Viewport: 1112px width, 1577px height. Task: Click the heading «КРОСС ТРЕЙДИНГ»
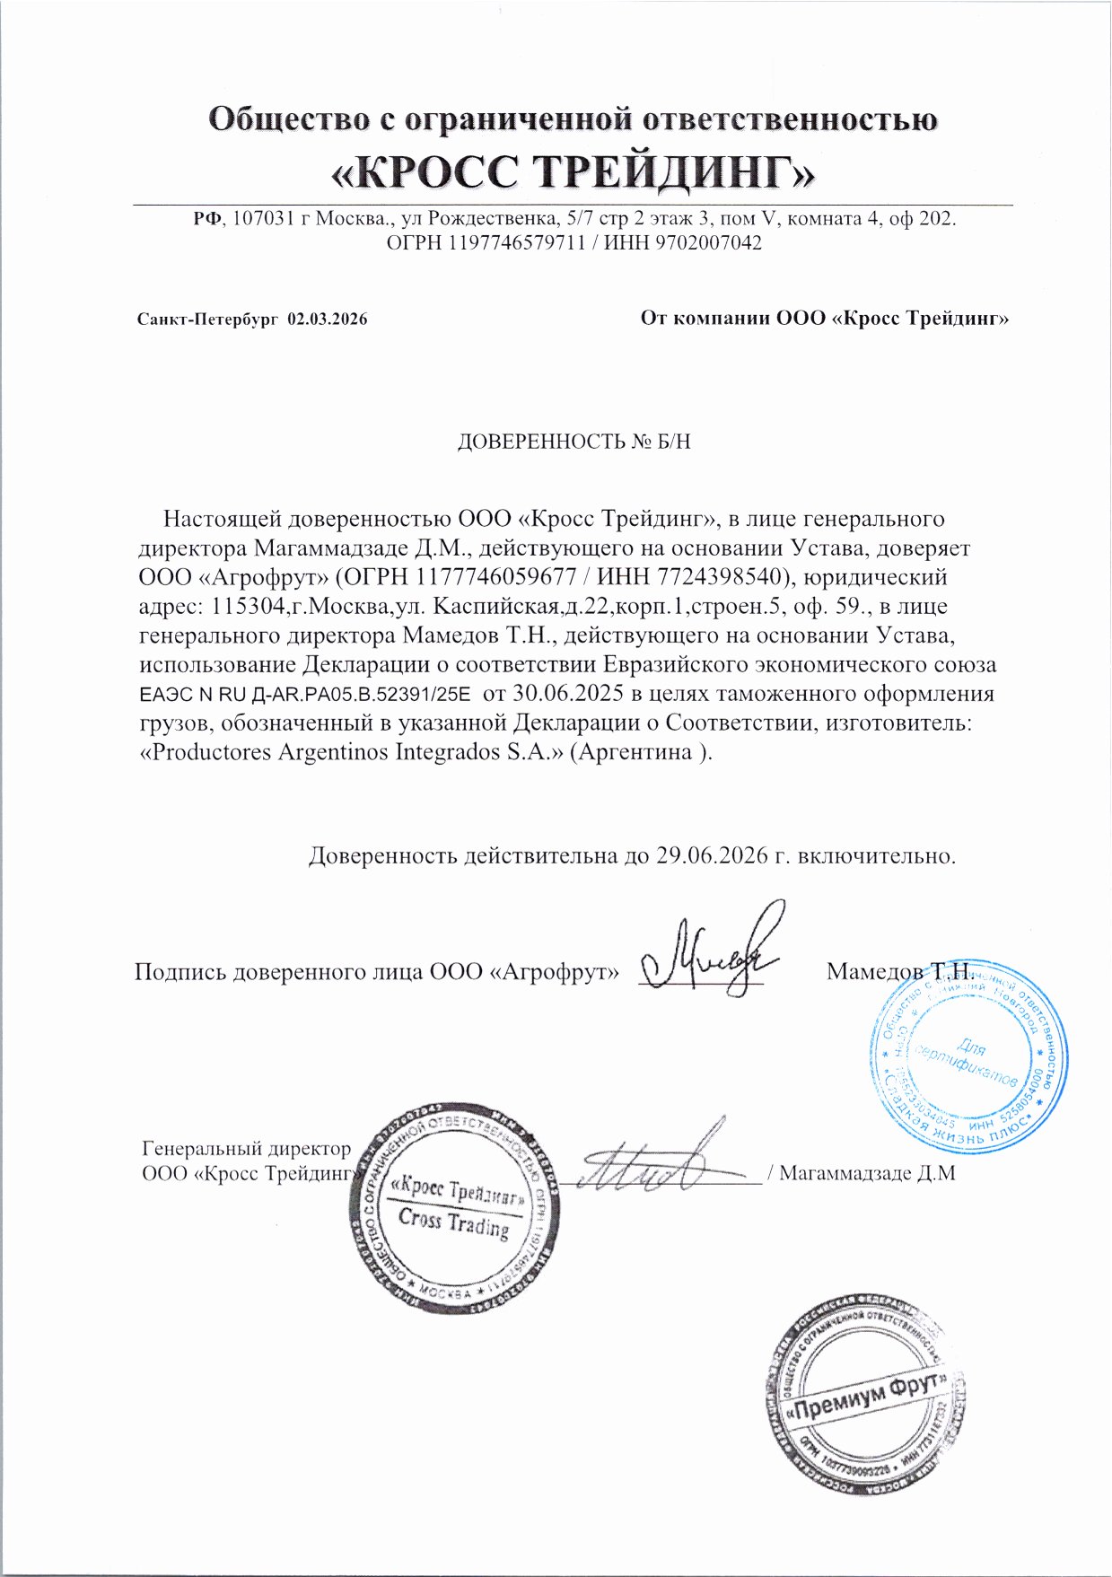(x=574, y=171)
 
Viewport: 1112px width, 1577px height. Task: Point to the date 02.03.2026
(x=327, y=320)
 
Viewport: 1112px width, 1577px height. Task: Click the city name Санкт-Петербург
(x=208, y=320)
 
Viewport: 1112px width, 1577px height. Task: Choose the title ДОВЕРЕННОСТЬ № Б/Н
(x=574, y=442)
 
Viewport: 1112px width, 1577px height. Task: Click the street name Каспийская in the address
(x=497, y=606)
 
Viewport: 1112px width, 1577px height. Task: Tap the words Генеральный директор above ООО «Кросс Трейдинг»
(x=246, y=1148)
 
